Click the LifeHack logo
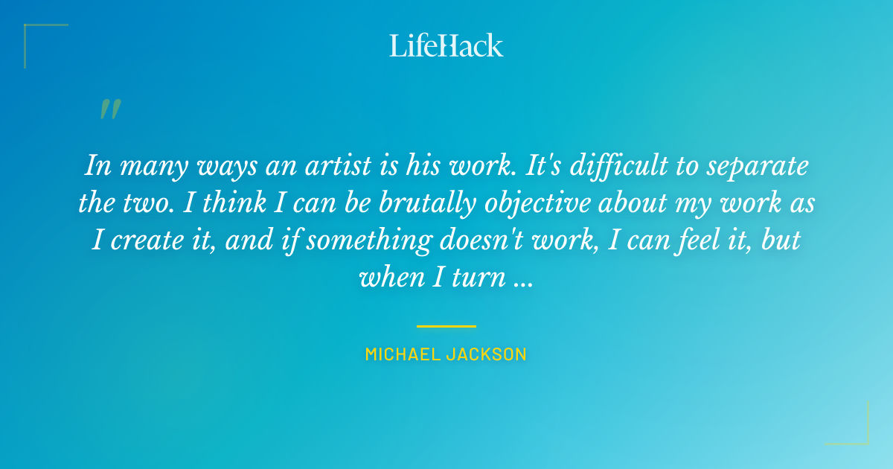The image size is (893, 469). (446, 45)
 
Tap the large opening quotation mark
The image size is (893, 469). (109, 110)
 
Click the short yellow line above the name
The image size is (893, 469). (446, 326)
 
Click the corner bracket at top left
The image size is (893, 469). (33, 33)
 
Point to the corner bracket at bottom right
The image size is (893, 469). (859, 435)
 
